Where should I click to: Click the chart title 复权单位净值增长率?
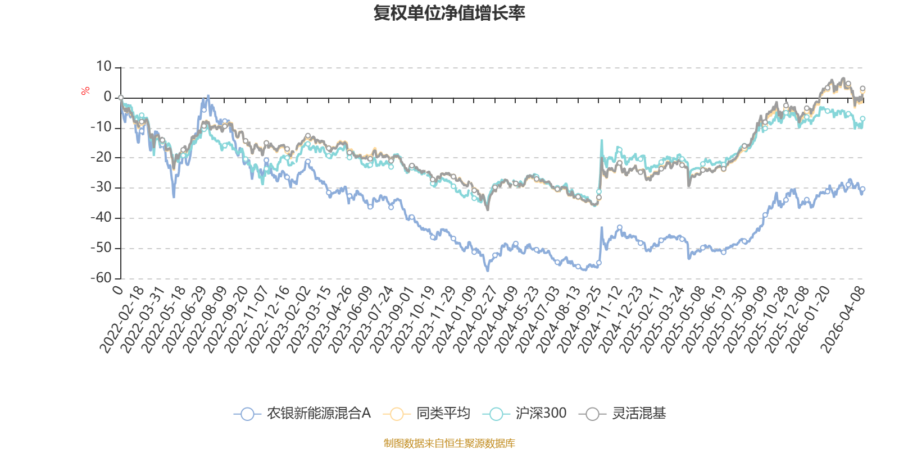[449, 13]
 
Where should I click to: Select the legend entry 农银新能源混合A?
[303, 414]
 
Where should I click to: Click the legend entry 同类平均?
[428, 414]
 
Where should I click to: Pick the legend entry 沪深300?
[525, 414]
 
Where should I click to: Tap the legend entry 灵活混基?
[623, 414]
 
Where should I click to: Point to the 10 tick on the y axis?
[103, 67]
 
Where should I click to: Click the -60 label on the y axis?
[101, 278]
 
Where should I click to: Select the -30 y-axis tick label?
[101, 187]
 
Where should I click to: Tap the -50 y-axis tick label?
[101, 248]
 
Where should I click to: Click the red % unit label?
[85, 90]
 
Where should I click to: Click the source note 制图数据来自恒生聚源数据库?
[449, 443]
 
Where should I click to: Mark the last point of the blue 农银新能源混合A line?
[863, 190]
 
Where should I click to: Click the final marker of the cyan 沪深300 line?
[862, 118]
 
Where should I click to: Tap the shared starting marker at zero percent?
[121, 98]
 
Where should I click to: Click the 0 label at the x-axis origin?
[118, 290]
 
